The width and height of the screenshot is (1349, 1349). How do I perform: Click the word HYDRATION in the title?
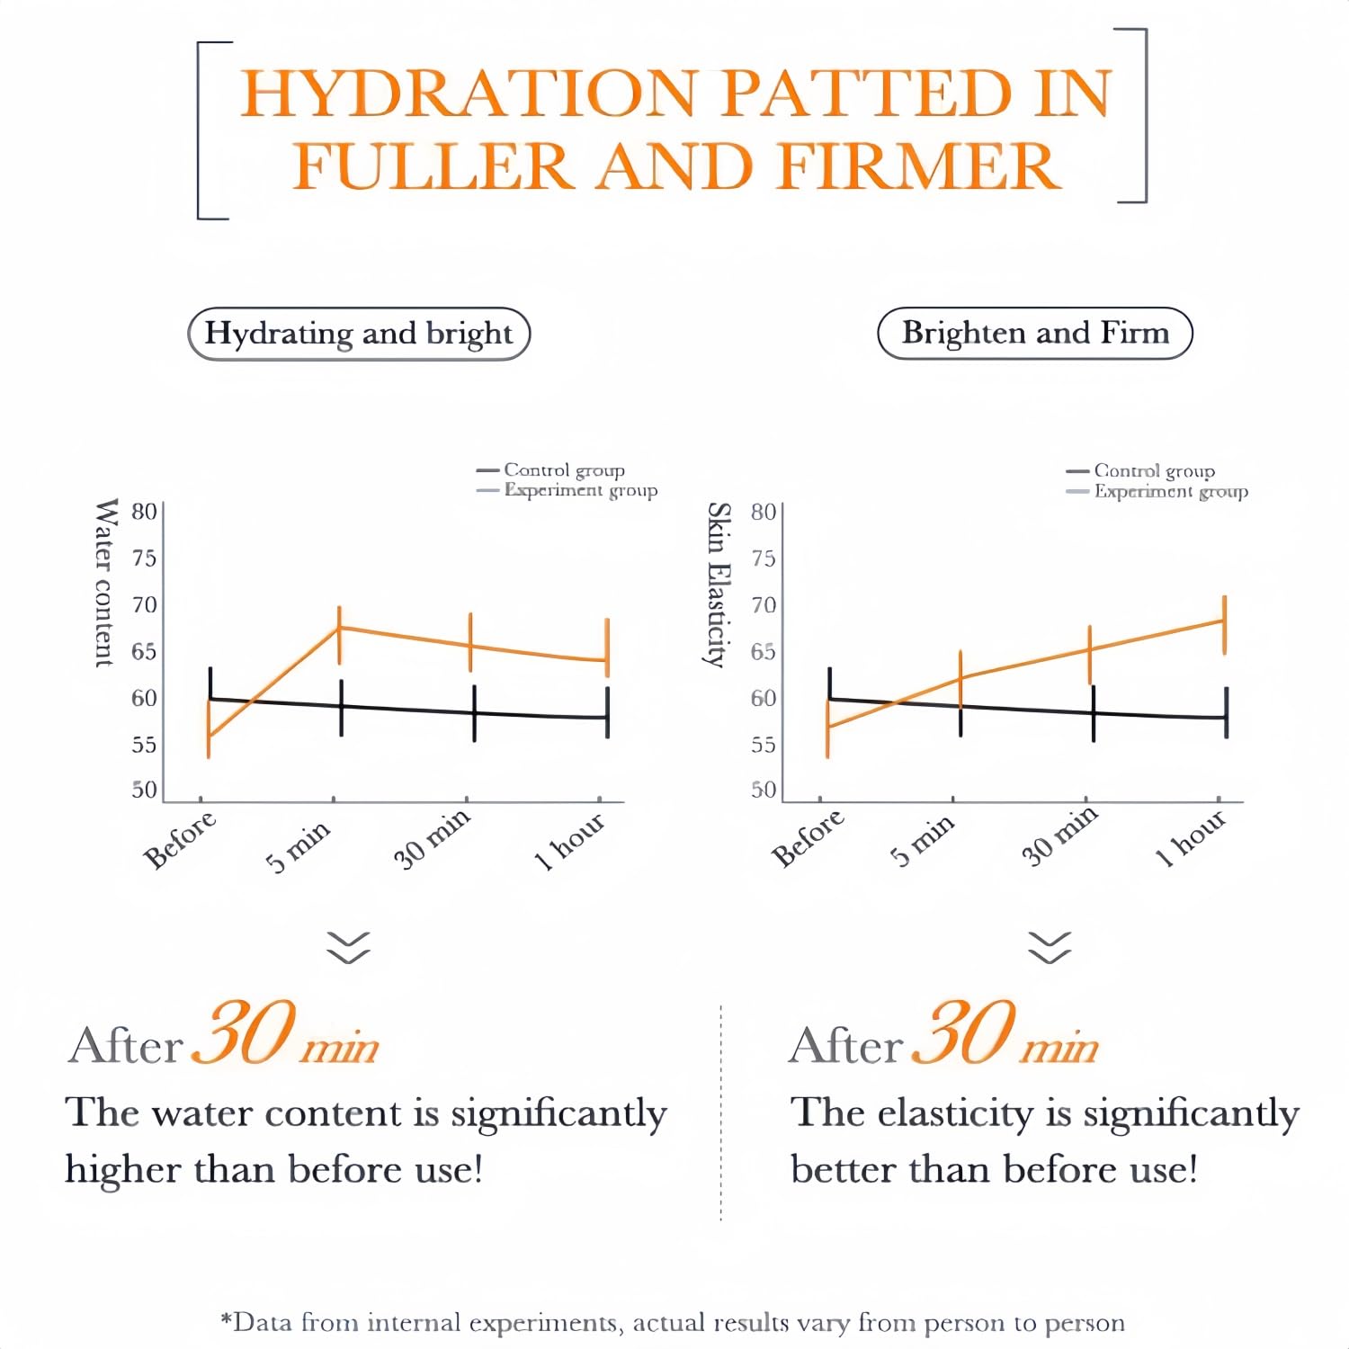click(x=468, y=93)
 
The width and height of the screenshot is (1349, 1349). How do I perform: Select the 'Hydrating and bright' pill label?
click(x=359, y=334)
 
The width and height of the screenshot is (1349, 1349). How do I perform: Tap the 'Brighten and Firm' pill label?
click(x=1035, y=333)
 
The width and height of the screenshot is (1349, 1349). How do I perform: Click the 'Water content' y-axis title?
click(x=105, y=582)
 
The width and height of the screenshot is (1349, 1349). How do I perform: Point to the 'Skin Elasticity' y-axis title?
click(x=718, y=585)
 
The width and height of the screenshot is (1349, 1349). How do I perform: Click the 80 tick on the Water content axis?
click(x=144, y=512)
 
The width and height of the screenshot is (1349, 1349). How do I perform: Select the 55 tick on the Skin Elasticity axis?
click(x=763, y=745)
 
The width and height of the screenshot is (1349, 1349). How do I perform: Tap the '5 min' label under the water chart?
click(x=299, y=845)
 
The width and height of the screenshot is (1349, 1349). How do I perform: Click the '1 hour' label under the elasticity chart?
click(x=1190, y=838)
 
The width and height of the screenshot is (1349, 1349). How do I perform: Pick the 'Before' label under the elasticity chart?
click(x=808, y=837)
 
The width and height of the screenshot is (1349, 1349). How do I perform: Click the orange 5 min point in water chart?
click(x=339, y=627)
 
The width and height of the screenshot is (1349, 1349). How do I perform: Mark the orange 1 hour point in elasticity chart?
click(x=1224, y=621)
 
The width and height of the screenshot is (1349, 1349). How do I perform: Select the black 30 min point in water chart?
click(x=474, y=713)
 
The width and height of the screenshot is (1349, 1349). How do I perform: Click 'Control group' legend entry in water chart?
click(x=550, y=470)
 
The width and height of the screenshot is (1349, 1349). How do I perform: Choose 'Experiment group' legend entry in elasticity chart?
click(x=1157, y=492)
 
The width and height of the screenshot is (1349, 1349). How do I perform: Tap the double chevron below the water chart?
click(x=349, y=948)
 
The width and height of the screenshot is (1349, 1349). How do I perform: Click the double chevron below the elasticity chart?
click(x=1050, y=948)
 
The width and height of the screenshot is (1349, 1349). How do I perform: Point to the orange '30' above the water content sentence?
click(x=244, y=1032)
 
